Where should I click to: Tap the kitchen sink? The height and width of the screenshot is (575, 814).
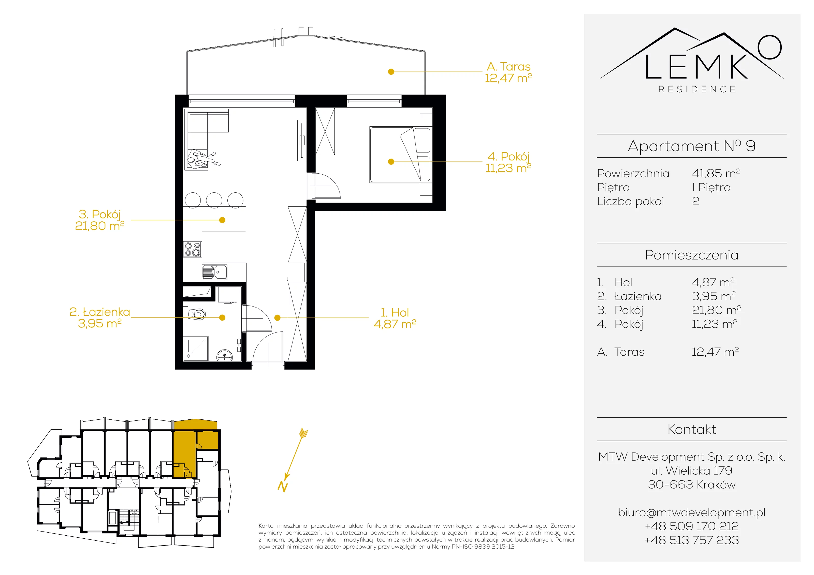[x=214, y=272]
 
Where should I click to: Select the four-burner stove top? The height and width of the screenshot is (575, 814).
[x=192, y=249]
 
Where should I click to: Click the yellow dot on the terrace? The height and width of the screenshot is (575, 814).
[x=391, y=72]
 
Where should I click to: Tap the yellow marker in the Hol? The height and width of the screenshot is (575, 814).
[x=278, y=318]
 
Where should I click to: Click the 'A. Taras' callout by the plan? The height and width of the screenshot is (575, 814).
[x=509, y=67]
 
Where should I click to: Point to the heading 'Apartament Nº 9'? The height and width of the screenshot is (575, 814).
[x=692, y=146]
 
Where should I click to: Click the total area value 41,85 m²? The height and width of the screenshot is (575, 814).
[x=716, y=173]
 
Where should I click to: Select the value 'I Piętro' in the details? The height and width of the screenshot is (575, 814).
[x=711, y=187]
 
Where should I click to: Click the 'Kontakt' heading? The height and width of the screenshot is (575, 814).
[x=692, y=429]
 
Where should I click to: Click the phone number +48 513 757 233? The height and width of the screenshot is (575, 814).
[x=692, y=540]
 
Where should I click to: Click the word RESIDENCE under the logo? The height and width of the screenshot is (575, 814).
[x=697, y=89]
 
